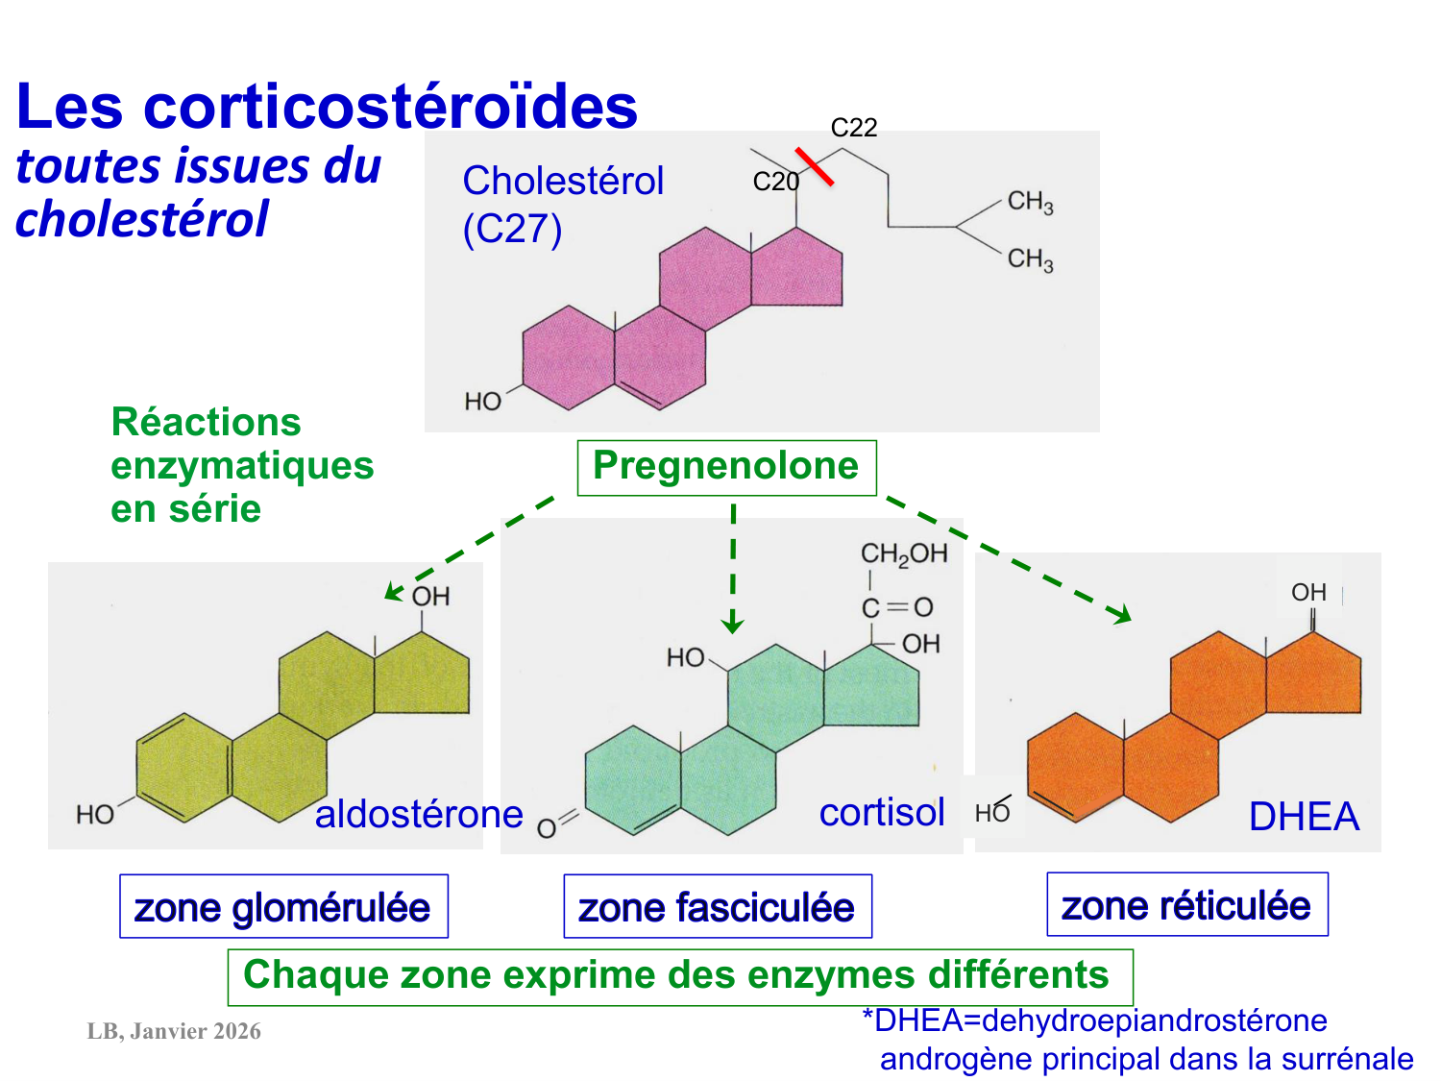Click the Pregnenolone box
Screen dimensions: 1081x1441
[726, 467]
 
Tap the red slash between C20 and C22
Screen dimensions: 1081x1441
[814, 165]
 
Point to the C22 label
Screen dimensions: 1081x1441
[853, 128]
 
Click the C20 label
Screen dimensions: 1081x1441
[775, 182]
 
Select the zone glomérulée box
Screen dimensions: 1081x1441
[283, 906]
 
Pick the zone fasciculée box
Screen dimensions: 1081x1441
[717, 906]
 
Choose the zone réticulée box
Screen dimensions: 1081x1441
[1186, 904]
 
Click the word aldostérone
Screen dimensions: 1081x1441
[419, 814]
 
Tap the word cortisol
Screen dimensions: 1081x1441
[882, 812]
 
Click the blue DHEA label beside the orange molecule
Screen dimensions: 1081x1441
[1304, 817]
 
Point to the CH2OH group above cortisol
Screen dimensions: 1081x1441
[903, 553]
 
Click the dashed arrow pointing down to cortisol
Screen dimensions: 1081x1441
[733, 567]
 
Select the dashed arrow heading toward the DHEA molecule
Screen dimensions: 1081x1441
[1009, 558]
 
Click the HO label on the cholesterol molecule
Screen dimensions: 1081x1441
[482, 401]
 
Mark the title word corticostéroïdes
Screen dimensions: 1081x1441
[390, 106]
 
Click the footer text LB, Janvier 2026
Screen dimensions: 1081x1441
[174, 1031]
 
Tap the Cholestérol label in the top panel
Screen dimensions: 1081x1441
[563, 181]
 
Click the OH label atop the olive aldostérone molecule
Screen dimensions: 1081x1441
[430, 597]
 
